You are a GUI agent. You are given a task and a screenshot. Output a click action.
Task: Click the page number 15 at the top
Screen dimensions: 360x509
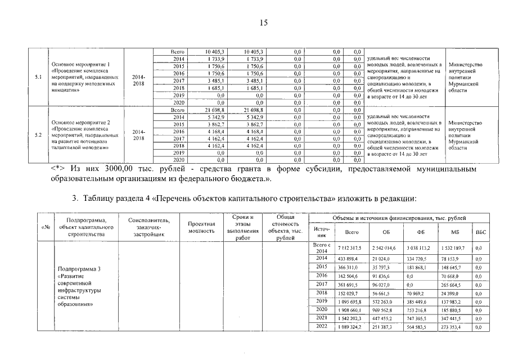[264, 22]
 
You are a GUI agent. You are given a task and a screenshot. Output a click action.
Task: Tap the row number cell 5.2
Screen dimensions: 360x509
[38, 135]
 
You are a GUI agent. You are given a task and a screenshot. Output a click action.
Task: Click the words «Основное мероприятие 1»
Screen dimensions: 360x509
[81, 64]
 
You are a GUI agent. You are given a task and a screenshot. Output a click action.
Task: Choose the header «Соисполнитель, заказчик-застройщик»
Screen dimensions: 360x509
[145, 227]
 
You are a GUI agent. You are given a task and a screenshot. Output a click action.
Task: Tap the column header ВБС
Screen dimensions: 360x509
[480, 231]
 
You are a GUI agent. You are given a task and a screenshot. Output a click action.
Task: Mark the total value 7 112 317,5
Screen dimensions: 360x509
[349, 247]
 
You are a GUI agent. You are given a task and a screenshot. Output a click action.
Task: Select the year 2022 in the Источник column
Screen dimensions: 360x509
[322, 326]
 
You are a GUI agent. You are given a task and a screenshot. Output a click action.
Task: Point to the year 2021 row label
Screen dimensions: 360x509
[322, 318]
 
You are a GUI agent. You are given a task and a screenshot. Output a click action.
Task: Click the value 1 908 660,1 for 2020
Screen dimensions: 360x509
[349, 309]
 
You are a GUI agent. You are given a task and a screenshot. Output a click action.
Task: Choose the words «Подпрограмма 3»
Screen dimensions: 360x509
[79, 269]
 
